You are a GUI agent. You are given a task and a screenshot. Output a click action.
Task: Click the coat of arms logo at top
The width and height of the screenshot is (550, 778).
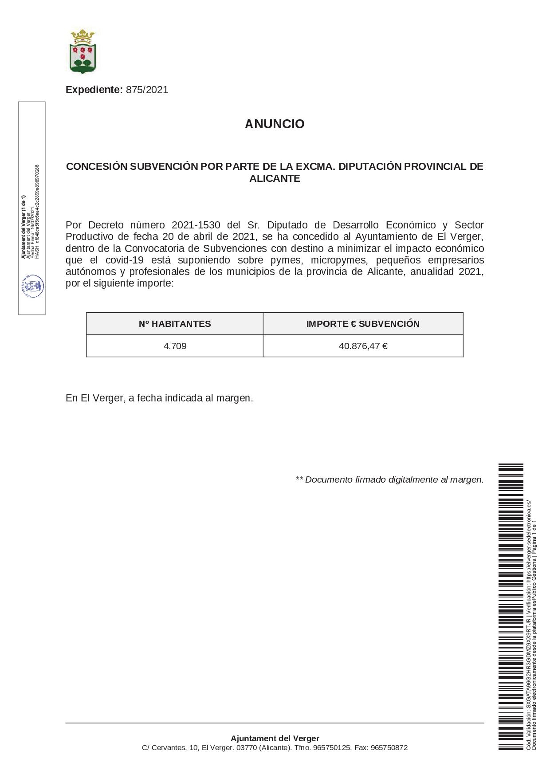(x=82, y=51)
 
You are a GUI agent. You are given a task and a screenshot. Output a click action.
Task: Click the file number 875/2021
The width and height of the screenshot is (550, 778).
(x=147, y=90)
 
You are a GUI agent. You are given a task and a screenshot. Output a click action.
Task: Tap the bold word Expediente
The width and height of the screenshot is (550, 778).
(x=94, y=90)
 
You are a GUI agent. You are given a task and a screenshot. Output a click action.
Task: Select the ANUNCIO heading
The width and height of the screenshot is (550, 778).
(x=275, y=124)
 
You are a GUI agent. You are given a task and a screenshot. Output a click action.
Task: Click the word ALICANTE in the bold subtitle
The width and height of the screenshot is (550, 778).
(x=275, y=179)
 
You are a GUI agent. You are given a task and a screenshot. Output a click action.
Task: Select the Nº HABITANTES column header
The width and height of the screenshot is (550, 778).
(x=175, y=324)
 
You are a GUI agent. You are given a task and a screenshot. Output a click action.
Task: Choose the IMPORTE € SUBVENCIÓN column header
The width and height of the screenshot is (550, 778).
(x=363, y=324)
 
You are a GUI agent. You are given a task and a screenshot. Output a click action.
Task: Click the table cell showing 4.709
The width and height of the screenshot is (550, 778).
(x=175, y=346)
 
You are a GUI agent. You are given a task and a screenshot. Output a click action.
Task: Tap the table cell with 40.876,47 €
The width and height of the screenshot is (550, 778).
(x=363, y=346)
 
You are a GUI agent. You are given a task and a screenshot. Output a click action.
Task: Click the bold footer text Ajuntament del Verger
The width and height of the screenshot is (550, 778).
(x=275, y=739)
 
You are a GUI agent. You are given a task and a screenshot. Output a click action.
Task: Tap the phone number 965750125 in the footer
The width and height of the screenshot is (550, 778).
(x=332, y=748)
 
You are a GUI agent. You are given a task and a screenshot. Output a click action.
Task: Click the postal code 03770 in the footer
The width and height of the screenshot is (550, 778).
(x=247, y=748)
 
